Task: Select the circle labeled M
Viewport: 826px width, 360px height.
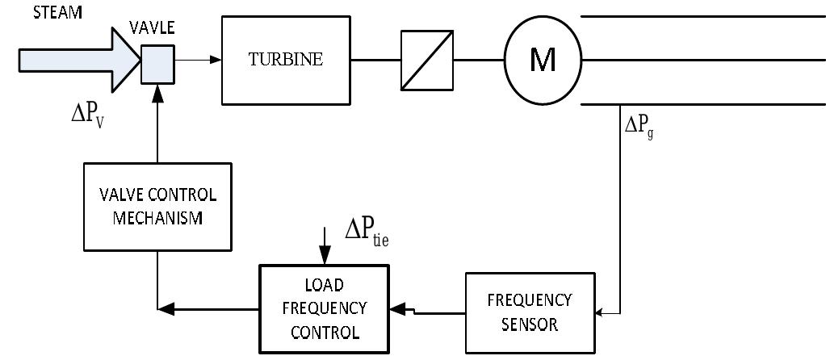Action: click(x=543, y=60)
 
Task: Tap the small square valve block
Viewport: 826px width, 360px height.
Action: click(x=157, y=63)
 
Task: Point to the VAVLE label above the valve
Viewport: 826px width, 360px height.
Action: click(x=152, y=28)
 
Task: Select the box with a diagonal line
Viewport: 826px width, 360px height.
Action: click(x=426, y=60)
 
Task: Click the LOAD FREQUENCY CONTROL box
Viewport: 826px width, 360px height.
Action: click(x=323, y=308)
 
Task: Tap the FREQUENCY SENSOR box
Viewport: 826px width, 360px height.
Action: click(x=530, y=312)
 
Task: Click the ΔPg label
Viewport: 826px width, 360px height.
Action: click(x=638, y=128)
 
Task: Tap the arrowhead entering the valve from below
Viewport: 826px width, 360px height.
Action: click(x=157, y=91)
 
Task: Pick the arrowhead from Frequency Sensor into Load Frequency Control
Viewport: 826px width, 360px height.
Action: click(x=396, y=308)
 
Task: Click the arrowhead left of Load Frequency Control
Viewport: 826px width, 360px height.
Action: click(x=166, y=308)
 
